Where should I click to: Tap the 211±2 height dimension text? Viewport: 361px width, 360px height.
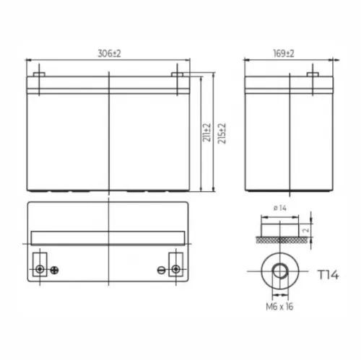[x=206, y=132]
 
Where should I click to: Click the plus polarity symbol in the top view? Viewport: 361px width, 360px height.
[x=53, y=271]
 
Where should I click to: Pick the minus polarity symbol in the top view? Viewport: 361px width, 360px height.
[x=161, y=271]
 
